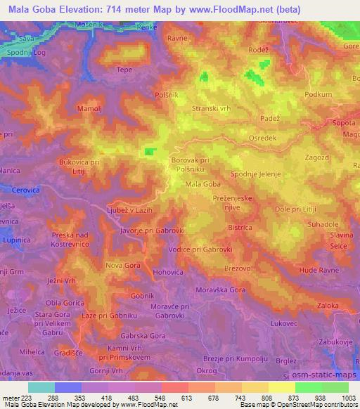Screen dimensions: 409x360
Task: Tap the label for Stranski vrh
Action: (212, 109)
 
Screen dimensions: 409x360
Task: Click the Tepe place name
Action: (124, 70)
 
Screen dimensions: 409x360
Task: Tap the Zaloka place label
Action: (328, 306)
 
